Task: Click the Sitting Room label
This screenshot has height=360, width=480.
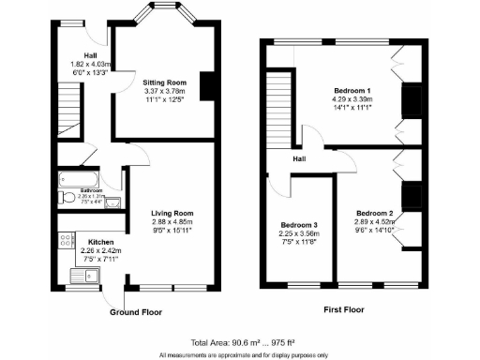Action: tap(162, 82)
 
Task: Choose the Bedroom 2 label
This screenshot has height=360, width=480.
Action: tap(375, 213)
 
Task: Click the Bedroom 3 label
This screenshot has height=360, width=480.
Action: tap(299, 226)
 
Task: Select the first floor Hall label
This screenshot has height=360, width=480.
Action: tap(299, 159)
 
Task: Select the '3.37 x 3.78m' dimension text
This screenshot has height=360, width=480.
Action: tap(162, 92)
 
